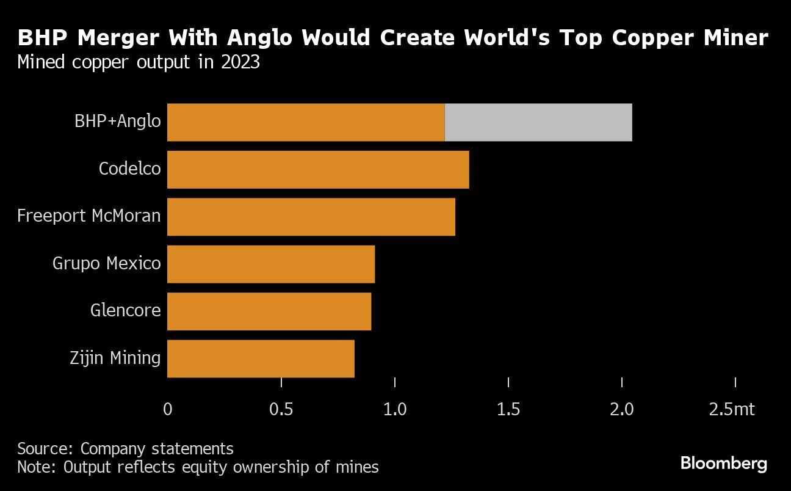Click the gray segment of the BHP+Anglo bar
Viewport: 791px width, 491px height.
tap(538, 122)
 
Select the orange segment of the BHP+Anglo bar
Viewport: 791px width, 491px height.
tap(306, 122)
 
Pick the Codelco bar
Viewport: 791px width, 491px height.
tap(318, 169)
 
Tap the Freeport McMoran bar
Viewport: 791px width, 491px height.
tap(311, 216)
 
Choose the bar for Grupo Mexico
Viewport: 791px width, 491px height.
tap(271, 264)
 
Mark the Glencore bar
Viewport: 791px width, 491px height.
tap(269, 311)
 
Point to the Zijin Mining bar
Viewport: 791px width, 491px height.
tap(261, 358)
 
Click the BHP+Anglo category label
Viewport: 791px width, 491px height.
tap(118, 121)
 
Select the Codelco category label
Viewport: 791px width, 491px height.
tap(130, 168)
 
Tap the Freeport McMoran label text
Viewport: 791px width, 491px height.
tap(89, 216)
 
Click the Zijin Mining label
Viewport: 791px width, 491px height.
tap(115, 358)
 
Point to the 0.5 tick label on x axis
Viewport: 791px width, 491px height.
tap(281, 409)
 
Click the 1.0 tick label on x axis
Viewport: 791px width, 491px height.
tap(395, 409)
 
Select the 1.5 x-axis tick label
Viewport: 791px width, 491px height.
tap(508, 409)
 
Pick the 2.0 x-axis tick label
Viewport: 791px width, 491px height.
tap(622, 409)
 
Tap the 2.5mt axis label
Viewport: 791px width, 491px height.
tap(732, 409)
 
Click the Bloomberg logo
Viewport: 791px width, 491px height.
tap(724, 464)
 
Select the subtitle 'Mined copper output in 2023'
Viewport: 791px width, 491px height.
tap(139, 62)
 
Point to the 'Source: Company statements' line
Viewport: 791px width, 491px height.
tap(125, 449)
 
